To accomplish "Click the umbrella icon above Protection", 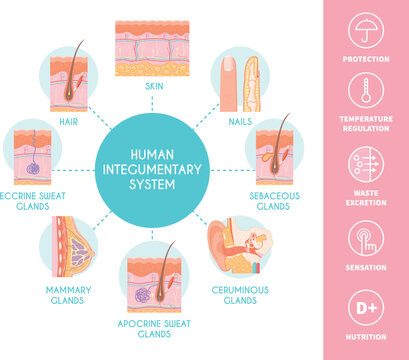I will (364, 32).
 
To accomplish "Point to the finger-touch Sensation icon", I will (364, 239).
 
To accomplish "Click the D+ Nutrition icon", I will (364, 308).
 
